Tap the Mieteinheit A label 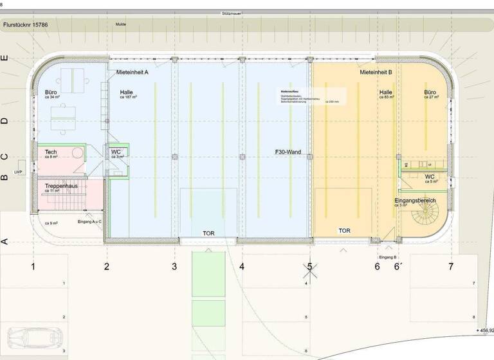click(133, 73)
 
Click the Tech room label click(51, 152)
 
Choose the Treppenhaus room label click(61, 186)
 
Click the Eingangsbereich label click(415, 201)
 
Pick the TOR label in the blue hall click(208, 233)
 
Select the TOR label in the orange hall click(345, 230)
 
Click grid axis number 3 click(174, 266)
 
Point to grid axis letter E click(5, 58)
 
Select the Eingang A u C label click(89, 222)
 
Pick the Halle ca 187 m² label click(128, 94)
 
